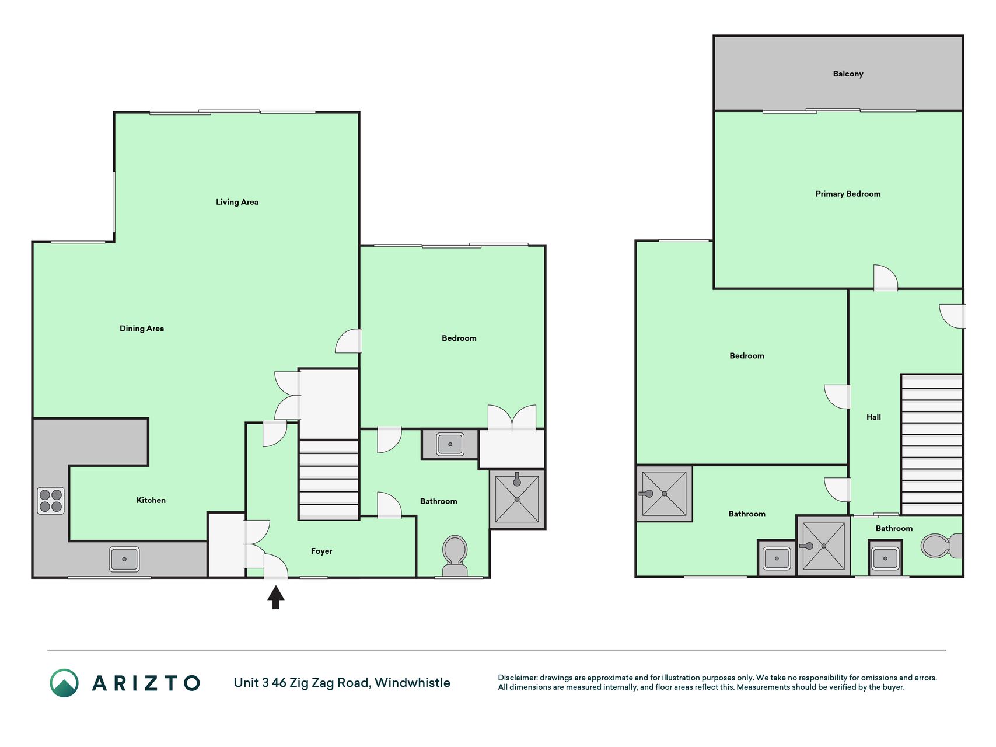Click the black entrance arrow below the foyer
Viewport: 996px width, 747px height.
click(276, 598)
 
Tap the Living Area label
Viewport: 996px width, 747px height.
click(237, 202)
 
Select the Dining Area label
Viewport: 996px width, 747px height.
click(142, 329)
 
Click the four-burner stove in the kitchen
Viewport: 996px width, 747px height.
click(51, 501)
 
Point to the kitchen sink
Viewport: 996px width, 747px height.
click(124, 559)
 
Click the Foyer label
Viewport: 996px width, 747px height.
click(321, 551)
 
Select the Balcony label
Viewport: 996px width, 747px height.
click(848, 74)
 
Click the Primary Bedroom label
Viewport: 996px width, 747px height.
click(848, 194)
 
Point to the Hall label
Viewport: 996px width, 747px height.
click(873, 417)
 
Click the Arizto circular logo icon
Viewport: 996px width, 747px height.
click(64, 683)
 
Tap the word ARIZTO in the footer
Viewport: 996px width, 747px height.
click(146, 683)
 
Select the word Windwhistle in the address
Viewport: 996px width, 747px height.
click(413, 683)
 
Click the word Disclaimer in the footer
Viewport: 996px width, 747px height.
click(517, 678)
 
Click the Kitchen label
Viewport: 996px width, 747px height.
click(151, 500)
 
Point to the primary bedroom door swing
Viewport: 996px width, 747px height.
click(885, 277)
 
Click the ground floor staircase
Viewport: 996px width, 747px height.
click(328, 480)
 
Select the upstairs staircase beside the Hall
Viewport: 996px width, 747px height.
click(932, 445)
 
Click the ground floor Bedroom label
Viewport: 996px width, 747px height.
click(459, 338)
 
